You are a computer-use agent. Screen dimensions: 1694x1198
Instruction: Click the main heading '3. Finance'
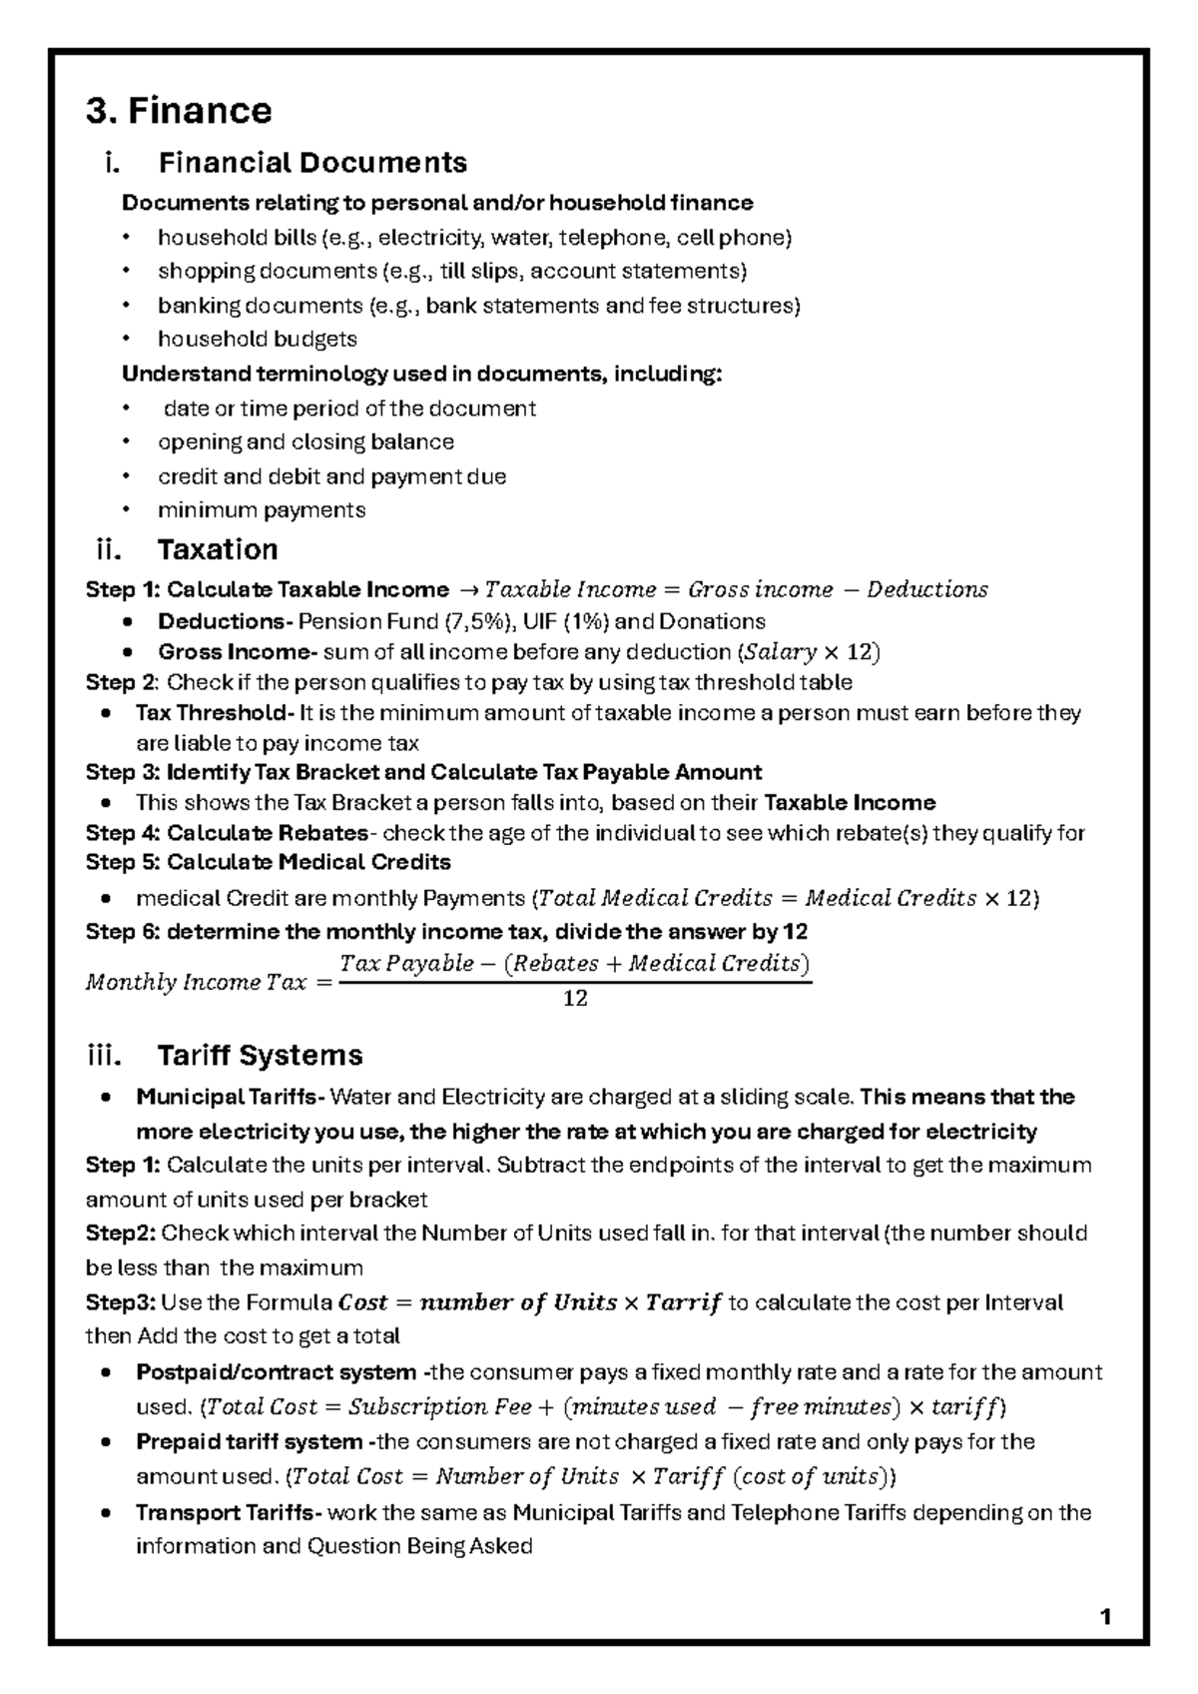[179, 110]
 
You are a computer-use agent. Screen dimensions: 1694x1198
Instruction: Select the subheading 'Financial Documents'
[311, 162]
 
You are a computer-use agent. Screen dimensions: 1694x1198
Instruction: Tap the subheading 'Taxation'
[217, 549]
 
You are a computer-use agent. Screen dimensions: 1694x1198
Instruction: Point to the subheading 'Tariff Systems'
[260, 1055]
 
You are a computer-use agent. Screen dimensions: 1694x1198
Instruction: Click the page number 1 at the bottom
[1105, 1617]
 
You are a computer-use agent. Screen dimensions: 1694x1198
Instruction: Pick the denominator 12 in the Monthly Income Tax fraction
[575, 998]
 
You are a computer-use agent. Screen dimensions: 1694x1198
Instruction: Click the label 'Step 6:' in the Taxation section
[122, 932]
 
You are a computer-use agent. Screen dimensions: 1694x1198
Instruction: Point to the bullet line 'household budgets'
[257, 340]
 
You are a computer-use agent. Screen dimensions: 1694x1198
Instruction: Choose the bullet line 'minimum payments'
[262, 510]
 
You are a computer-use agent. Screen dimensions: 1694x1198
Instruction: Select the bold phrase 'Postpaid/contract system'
[276, 1371]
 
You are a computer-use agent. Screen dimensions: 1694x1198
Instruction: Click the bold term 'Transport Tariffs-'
[229, 1512]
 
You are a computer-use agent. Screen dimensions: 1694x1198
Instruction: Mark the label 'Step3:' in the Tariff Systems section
[120, 1302]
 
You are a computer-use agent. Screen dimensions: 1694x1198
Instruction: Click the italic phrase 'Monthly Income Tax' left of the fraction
[196, 982]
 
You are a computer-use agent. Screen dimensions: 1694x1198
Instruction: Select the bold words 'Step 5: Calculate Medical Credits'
[268, 862]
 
